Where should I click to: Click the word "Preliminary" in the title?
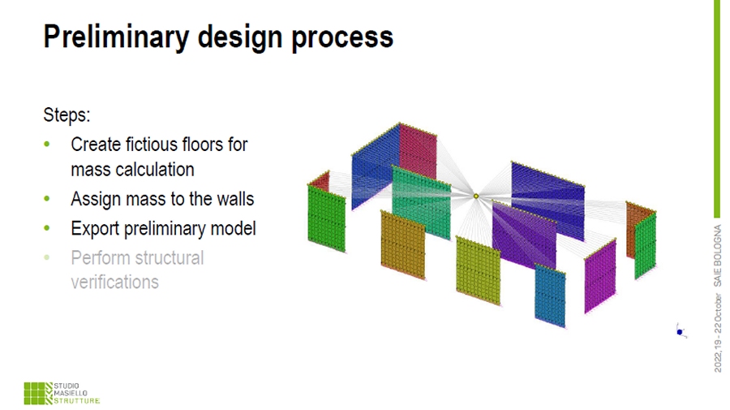[116, 37]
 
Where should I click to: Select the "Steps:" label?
[67, 115]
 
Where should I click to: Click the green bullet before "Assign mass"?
[46, 199]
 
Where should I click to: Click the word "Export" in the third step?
[95, 229]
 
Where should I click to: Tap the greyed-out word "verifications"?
[114, 282]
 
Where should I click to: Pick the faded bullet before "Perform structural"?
[46, 257]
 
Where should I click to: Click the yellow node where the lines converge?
[476, 196]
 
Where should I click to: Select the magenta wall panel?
[600, 276]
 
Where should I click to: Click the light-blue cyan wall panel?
[550, 295]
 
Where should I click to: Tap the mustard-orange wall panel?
[402, 245]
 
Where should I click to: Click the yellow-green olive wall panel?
[478, 270]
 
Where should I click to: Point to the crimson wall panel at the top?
[418, 151]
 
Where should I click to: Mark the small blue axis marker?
[681, 331]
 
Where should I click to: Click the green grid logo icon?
[38, 393]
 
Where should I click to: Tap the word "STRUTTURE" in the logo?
[77, 401]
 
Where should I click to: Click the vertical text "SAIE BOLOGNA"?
[718, 255]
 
